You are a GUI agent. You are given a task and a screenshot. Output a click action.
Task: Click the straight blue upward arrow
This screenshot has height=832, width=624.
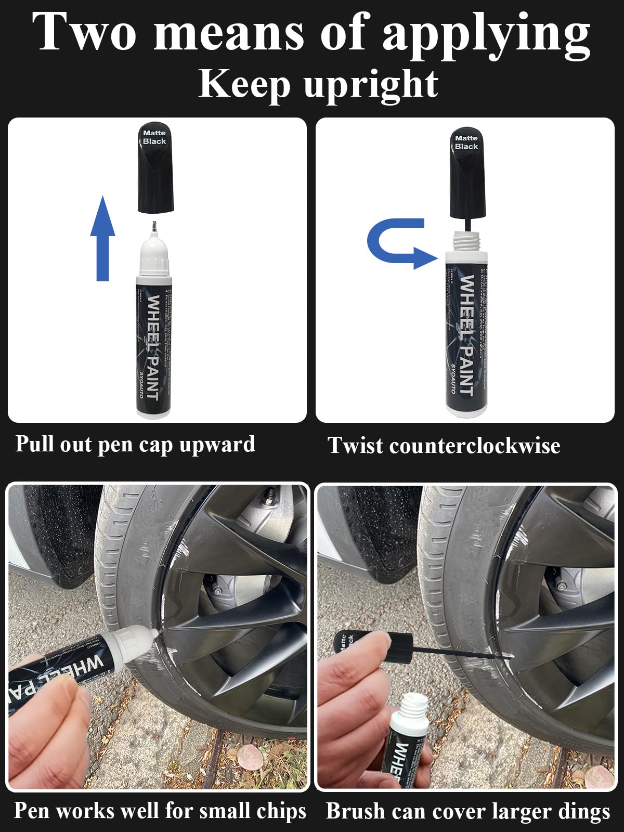click(x=102, y=239)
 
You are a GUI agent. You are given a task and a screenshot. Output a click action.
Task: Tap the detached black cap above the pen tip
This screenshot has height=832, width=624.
click(x=155, y=169)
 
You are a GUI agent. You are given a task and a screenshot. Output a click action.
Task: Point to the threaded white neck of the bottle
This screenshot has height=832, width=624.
click(x=466, y=240)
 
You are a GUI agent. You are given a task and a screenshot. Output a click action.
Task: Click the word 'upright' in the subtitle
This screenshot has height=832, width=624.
click(x=371, y=84)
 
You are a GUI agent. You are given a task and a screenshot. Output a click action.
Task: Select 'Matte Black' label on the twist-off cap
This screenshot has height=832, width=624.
click(x=466, y=142)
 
